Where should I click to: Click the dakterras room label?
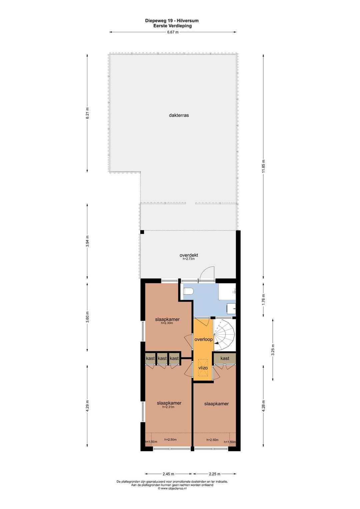point(179,115)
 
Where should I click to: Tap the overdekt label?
point(189,255)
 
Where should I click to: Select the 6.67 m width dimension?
point(173,32)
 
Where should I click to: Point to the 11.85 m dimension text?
point(263,166)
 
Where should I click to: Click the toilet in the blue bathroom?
point(188,291)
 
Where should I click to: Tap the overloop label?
point(204,339)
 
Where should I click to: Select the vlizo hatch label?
point(203,367)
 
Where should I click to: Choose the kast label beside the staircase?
point(225,358)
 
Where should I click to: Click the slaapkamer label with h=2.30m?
point(167,319)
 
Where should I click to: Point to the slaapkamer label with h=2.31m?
point(169,403)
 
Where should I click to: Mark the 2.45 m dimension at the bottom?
point(168,474)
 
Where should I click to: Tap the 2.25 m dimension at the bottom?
point(214,474)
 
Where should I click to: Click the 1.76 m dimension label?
point(263,300)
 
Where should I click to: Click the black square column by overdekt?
point(142,232)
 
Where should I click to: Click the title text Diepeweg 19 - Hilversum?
point(172,21)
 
